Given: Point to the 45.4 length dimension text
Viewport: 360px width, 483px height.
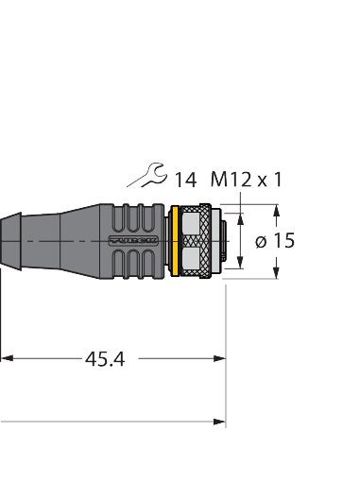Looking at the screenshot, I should tap(105, 359).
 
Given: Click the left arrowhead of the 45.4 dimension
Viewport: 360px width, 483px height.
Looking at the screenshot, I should tap(6, 358).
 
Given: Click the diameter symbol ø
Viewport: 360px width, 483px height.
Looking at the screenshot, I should tap(261, 241).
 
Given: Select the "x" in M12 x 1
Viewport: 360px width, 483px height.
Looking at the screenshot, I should tap(260, 178).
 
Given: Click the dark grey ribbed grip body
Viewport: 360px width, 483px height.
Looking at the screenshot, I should tap(137, 241).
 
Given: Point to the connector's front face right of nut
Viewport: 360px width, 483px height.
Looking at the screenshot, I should tap(228, 241).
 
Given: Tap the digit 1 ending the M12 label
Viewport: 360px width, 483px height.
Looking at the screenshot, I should tap(277, 177).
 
